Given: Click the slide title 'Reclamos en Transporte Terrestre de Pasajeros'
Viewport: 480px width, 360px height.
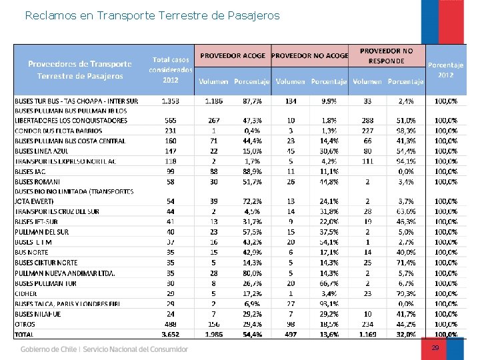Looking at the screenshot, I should coord(152,15).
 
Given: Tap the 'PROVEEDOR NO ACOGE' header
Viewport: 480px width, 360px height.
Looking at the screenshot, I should coord(309,55).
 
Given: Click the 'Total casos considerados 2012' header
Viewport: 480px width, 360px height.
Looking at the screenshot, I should coord(171,69).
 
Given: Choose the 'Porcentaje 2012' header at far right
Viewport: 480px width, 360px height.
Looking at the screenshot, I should coord(446,69).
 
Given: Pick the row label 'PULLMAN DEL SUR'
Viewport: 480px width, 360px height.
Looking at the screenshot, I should coord(41,231).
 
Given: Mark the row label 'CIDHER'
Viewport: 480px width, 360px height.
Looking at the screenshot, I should coord(26,293).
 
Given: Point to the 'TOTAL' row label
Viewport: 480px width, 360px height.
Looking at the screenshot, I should coord(26,333).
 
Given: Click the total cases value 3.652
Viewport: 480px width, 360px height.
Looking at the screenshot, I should coord(170,333).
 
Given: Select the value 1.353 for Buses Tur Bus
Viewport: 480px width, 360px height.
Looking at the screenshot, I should coord(170,101).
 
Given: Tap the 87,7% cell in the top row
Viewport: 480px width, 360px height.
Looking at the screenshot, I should coord(252,101).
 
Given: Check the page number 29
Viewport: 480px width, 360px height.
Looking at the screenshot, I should coord(435,348).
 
